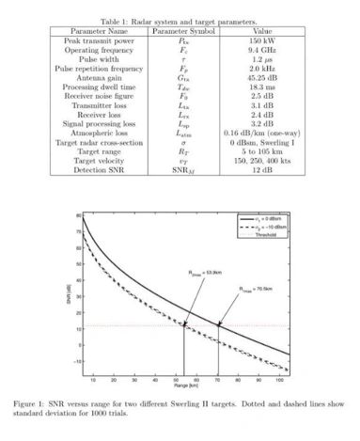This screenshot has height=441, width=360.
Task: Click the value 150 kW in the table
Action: pos(261,40)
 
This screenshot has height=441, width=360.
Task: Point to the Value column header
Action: pos(261,30)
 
